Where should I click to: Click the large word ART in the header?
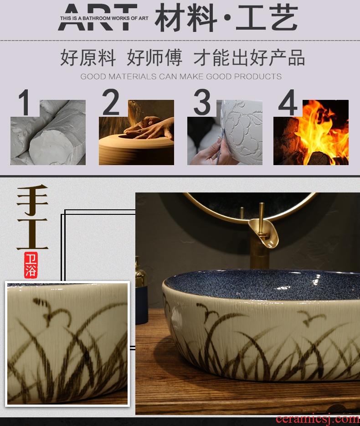(98, 17)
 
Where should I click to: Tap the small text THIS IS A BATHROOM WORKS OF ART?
(104, 18)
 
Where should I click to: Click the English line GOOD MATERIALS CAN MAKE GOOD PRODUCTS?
(181, 76)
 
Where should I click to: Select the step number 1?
(25, 103)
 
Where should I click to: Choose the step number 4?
(288, 103)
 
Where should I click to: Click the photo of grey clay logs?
(48, 132)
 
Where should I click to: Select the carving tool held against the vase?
(220, 147)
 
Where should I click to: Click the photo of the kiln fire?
(311, 132)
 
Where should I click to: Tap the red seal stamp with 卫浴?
(31, 265)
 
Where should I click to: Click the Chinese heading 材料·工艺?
(226, 18)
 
